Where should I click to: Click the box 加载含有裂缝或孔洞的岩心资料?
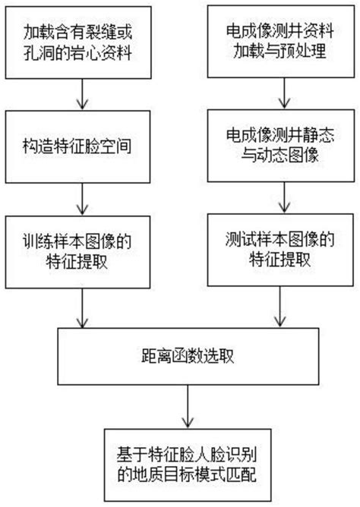pos(82,43)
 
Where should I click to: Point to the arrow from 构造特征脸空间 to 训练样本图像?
pos(82,200)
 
